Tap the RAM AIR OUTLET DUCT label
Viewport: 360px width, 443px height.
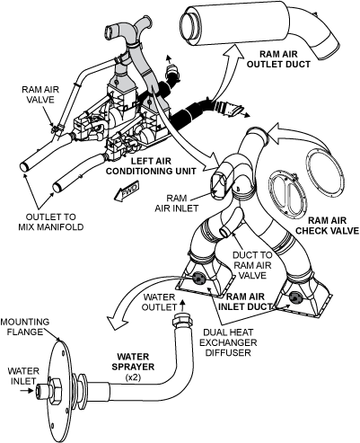coord(278,59)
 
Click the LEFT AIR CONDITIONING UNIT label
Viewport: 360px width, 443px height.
coord(151,166)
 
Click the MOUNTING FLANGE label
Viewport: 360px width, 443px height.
coord(25,327)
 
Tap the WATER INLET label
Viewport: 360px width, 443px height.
coord(23,376)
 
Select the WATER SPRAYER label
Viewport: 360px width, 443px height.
coord(133,361)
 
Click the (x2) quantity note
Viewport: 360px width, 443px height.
coord(133,377)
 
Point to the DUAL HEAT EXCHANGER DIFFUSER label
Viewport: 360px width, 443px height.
coord(228,342)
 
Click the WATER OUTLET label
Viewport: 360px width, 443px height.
coord(159,302)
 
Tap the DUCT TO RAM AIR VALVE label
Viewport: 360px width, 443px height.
coord(252,265)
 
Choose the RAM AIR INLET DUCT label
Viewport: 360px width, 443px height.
coord(245,301)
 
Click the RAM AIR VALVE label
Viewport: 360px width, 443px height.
coord(40,94)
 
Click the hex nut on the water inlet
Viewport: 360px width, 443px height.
coord(55,391)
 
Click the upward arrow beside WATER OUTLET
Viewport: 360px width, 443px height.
coord(182,305)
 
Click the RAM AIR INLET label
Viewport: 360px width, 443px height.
coord(177,203)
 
